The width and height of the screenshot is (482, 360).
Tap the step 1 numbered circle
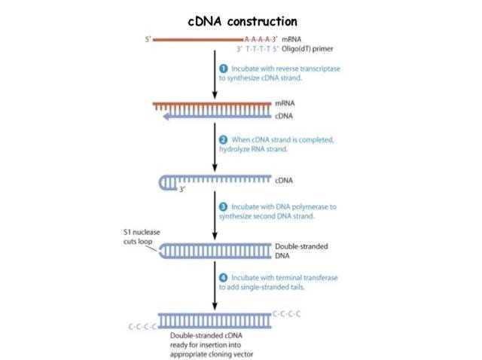tap(224, 69)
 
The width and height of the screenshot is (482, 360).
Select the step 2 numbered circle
tap(224, 141)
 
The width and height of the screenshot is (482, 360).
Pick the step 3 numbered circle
tap(224, 206)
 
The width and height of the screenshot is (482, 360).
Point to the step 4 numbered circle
tap(224, 277)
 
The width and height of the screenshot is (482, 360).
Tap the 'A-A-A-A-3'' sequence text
tap(260, 37)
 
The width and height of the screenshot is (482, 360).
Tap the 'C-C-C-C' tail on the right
tap(287, 312)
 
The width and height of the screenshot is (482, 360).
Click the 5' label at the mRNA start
tap(148, 37)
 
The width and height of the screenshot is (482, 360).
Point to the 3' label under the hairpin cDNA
tap(182, 191)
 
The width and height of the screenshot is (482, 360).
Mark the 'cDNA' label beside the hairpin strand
tap(283, 181)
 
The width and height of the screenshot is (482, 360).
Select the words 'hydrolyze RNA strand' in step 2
tap(256, 150)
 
